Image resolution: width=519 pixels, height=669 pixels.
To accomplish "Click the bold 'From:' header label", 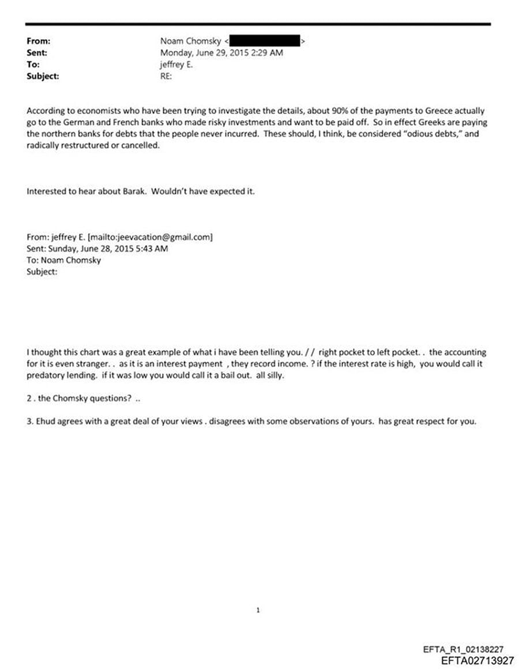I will pos(39,42).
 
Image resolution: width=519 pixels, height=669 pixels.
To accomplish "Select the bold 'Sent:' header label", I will pos(37,53).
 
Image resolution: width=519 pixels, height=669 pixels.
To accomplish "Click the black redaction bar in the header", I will pos(265,42).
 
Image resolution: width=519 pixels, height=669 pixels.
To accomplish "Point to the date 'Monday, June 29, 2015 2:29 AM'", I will pos(221,53).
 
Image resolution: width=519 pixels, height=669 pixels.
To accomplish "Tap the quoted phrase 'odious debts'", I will pos(422,134).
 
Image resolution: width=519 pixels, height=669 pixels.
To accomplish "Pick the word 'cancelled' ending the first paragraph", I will pos(138,145).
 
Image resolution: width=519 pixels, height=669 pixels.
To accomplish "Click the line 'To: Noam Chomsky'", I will pos(64,260).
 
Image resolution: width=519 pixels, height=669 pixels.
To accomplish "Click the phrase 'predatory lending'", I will pos(58,375).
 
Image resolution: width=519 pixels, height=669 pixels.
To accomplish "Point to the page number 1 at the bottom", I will pos(258,610).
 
